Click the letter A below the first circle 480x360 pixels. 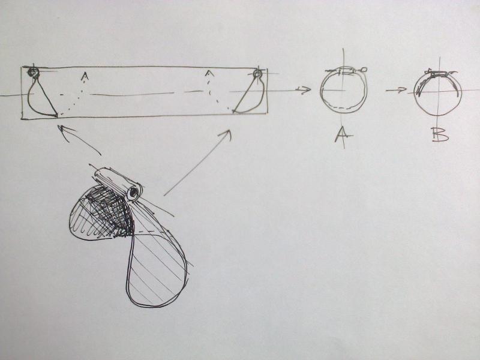(343, 134)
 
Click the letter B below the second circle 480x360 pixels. (440, 134)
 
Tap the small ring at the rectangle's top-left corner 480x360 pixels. (33, 72)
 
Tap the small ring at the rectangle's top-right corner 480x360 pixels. (257, 73)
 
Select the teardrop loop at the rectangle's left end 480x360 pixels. (28, 98)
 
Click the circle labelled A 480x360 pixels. (320, 91)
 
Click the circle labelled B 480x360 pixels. (414, 92)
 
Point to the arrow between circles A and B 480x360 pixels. (396, 90)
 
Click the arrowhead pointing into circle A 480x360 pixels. (307, 89)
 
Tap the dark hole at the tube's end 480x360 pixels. (133, 193)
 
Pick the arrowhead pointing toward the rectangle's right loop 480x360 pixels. (226, 134)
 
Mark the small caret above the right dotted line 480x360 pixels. (209, 73)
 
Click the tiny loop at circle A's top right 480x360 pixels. (364, 70)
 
